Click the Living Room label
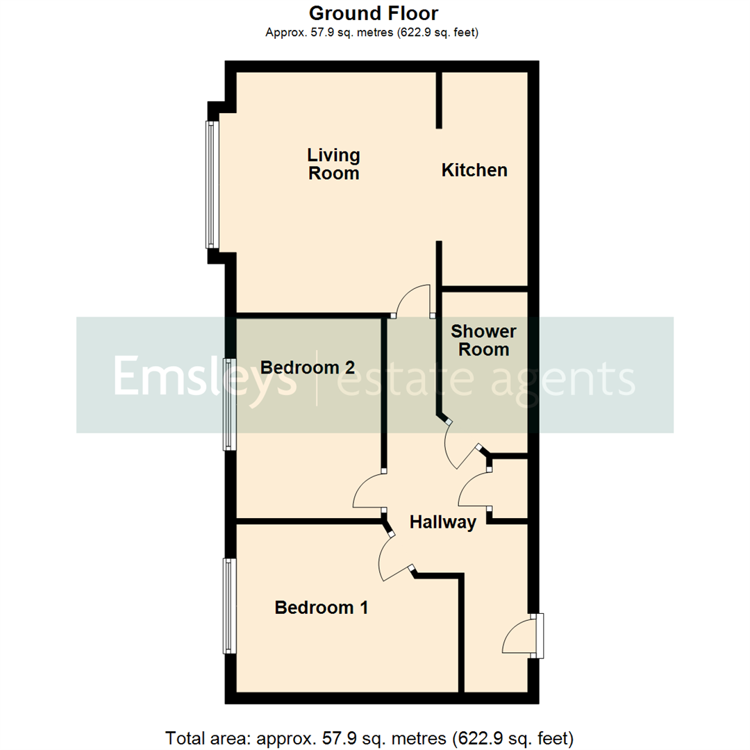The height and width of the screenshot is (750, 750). point(334,164)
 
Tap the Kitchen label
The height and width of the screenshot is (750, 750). point(474,170)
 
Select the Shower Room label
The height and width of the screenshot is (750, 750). point(483,340)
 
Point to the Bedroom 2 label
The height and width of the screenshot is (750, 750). point(308,367)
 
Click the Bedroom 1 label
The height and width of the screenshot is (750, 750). point(322,608)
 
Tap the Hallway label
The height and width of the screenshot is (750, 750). point(442,522)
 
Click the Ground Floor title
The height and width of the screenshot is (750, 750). point(374,13)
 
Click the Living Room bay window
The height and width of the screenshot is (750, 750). point(212,185)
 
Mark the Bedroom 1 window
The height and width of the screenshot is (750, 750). point(228,606)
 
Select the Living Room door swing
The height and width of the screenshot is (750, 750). point(412,301)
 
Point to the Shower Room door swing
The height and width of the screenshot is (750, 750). point(460,447)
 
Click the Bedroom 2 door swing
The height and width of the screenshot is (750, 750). point(369,492)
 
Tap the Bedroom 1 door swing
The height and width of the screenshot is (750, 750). point(393,560)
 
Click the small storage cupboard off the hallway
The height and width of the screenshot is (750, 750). point(510,489)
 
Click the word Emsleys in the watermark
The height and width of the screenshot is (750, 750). point(205,377)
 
